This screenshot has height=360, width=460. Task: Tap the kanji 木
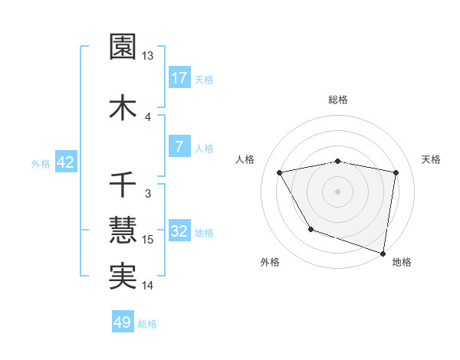tap(123, 107)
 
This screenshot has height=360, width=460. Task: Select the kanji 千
tap(123, 185)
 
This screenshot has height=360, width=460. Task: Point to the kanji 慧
tap(123, 230)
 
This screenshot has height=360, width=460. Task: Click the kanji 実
tap(123, 276)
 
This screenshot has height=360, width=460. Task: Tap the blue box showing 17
tap(179, 78)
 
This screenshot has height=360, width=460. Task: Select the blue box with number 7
tap(179, 147)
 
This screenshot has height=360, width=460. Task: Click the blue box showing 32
tap(179, 231)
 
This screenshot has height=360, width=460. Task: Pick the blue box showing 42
tap(65, 162)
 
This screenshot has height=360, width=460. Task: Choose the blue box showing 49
tap(123, 322)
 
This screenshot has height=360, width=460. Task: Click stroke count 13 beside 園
tap(148, 56)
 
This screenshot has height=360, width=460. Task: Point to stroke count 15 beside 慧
tap(148, 240)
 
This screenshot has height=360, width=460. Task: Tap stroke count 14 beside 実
tap(148, 286)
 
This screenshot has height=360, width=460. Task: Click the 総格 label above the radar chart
tap(338, 100)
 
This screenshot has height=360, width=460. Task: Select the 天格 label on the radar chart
tap(431, 159)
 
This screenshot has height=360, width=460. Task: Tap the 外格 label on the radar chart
tap(270, 262)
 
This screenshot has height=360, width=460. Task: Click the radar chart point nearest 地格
tap(383, 252)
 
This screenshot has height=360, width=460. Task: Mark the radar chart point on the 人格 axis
tap(280, 172)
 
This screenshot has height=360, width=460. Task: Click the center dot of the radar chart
tap(338, 191)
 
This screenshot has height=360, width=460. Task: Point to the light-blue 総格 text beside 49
tap(147, 324)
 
